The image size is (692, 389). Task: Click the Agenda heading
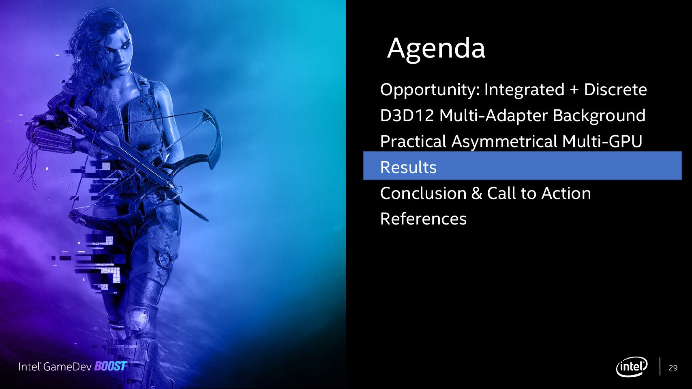coord(436,49)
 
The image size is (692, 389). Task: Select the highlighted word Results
coord(408,167)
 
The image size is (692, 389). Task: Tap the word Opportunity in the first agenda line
coord(430,90)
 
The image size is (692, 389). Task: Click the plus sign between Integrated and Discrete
coord(574,90)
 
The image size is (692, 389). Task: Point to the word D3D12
coord(407,115)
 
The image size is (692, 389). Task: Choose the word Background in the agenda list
coord(599,116)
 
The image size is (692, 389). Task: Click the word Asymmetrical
coord(504,142)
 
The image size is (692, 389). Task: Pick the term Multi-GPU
coord(602,141)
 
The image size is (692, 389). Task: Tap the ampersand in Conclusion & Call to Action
coord(477,194)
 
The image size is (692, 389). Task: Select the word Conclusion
coord(423,193)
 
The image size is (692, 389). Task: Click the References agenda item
coord(423,219)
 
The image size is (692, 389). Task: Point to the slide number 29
coord(673,368)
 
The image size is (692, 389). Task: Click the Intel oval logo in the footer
coord(632,367)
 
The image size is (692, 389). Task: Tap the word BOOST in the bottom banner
coord(111,366)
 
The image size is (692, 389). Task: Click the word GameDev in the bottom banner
coord(67,366)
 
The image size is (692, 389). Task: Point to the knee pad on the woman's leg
coord(138,318)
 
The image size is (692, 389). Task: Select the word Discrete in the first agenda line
coord(615,90)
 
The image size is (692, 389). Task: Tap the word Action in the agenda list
coord(566,193)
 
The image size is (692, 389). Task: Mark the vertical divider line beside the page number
coord(660,366)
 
